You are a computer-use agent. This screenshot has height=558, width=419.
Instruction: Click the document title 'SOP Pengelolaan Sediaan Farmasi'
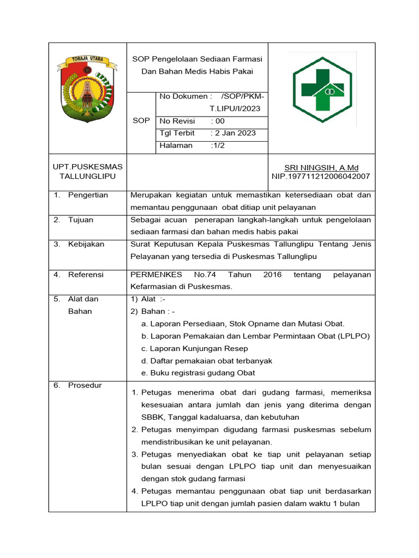(197, 59)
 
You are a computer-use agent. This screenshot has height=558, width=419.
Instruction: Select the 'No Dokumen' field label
(183, 96)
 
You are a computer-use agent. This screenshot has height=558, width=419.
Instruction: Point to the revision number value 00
(219, 121)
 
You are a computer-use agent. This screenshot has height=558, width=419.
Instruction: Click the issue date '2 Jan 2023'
(235, 133)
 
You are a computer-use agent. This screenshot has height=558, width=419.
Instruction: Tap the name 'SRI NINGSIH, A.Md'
(321, 168)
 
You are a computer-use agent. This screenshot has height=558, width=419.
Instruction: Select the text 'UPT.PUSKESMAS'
(87, 166)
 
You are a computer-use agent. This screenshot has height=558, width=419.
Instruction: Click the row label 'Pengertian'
(88, 195)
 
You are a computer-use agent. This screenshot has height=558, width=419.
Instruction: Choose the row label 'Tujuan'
(81, 220)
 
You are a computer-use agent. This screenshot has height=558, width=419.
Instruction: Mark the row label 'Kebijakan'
(86, 244)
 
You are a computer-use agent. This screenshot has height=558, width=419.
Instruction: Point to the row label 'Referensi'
(86, 275)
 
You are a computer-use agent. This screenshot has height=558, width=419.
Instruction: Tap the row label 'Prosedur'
(85, 385)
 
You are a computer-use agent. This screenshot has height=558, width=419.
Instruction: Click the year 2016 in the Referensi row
(272, 275)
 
